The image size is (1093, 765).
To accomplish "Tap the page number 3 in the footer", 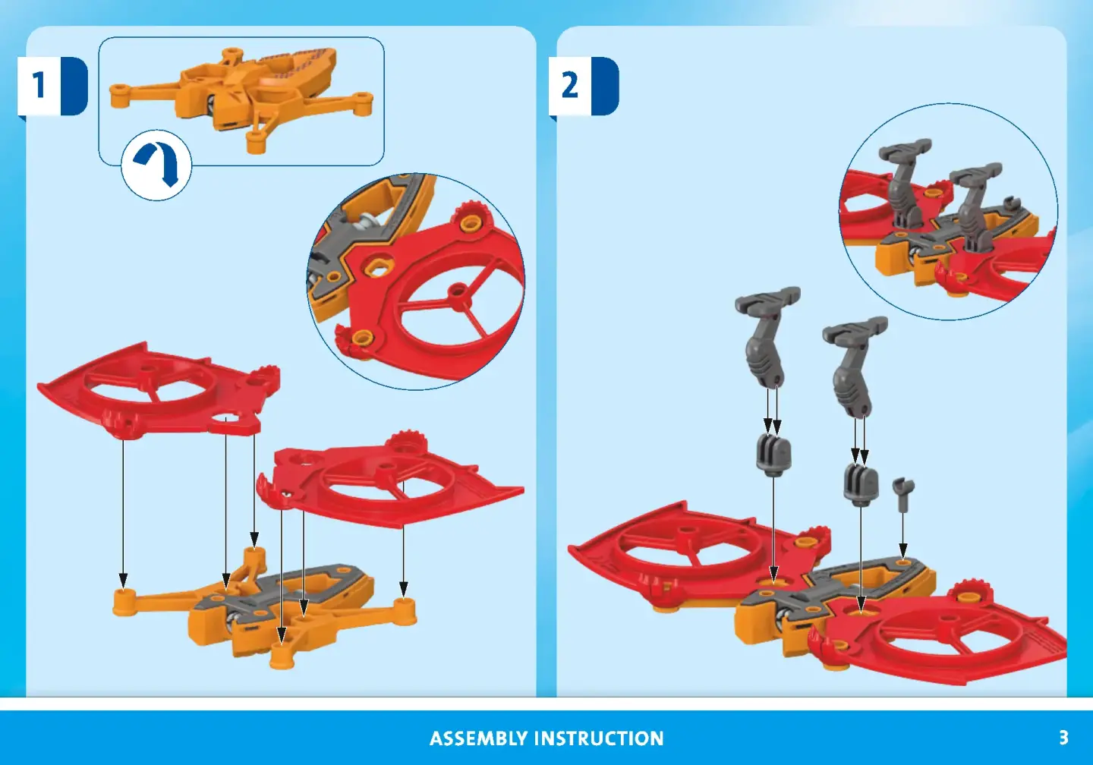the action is [x=1063, y=737].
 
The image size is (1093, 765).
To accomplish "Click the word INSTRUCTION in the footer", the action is [x=599, y=738].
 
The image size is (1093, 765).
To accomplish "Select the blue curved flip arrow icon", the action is [x=156, y=165].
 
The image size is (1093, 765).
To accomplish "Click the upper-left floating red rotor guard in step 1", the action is [x=159, y=389].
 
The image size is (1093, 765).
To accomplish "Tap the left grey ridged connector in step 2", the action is [x=773, y=453].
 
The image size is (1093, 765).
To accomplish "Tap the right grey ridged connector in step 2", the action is [x=861, y=483].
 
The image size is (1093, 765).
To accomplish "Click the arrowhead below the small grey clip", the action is [x=903, y=549].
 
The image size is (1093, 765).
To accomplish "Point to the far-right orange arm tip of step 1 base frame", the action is [x=405, y=610].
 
